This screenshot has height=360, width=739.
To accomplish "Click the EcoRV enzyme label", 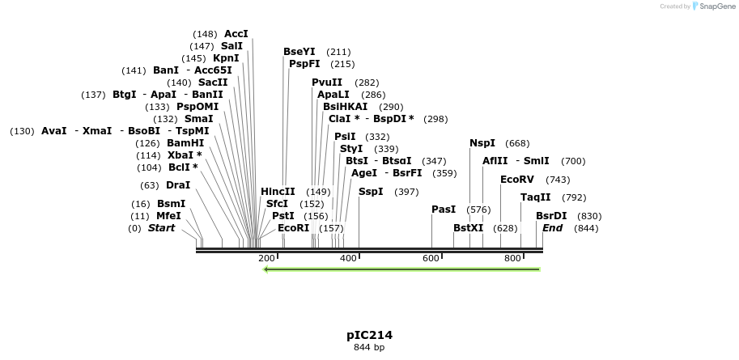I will click(x=517, y=180).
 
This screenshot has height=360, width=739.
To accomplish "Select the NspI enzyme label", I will click(x=482, y=143).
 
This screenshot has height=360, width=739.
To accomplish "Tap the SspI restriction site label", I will click(x=371, y=192).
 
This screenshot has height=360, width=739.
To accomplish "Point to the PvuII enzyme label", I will click(x=327, y=83).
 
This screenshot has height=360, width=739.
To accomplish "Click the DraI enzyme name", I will click(x=178, y=185).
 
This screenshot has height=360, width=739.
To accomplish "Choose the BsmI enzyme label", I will click(x=171, y=204).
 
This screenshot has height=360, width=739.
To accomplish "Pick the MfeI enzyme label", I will click(x=168, y=216).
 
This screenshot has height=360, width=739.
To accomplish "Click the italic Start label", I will click(x=161, y=228).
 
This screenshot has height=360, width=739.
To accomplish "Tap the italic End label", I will click(x=552, y=228).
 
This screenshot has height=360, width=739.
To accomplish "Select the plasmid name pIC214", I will click(x=369, y=334).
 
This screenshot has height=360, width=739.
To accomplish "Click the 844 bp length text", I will click(x=369, y=348).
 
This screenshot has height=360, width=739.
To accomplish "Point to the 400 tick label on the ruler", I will click(x=349, y=258).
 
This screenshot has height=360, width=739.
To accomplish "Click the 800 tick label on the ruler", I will click(x=512, y=258).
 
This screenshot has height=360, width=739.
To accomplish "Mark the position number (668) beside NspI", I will click(x=517, y=143).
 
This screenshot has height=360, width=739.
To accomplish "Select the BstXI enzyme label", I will click(x=468, y=228).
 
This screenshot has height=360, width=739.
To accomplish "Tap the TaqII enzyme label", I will click(x=536, y=197).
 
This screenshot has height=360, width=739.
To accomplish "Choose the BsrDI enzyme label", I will click(x=551, y=216).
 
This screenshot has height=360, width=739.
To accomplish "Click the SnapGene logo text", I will click(x=711, y=6).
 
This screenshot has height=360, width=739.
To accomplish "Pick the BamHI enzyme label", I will click(x=185, y=143).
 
